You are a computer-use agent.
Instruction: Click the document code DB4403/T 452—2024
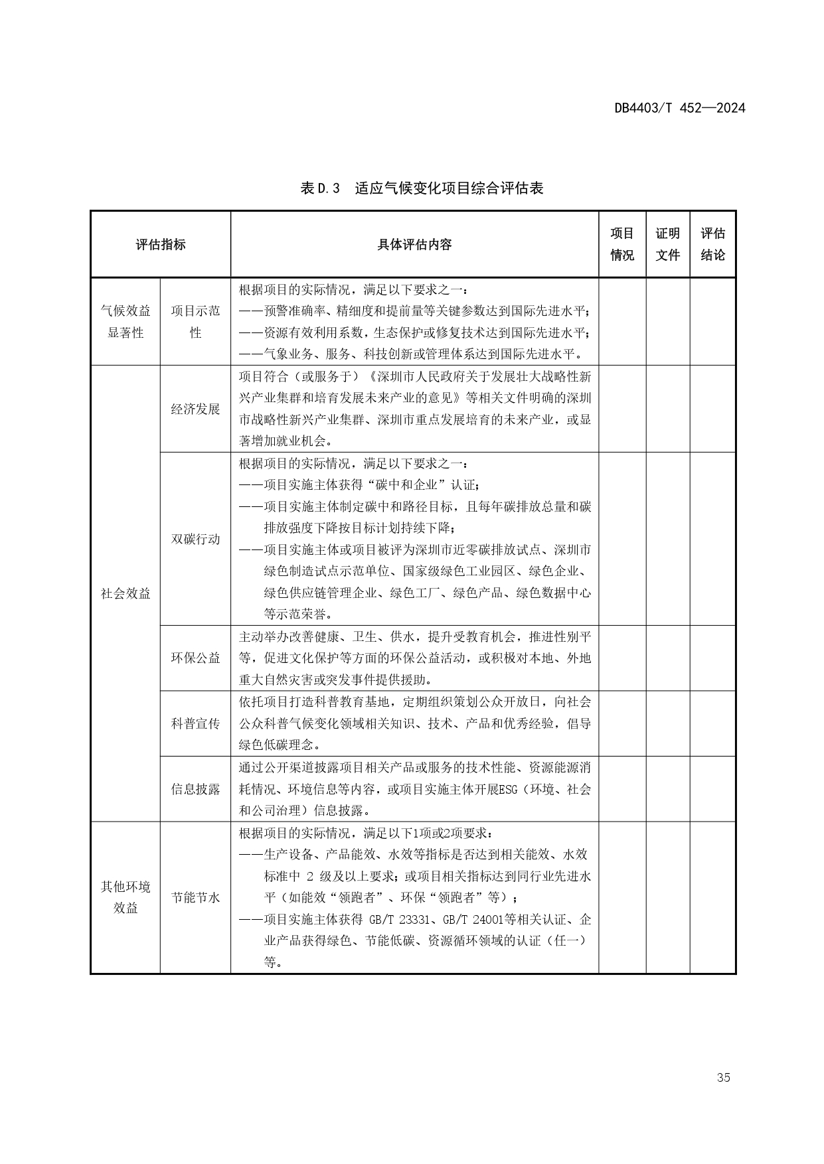point(679,108)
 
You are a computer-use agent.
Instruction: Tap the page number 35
point(723,1077)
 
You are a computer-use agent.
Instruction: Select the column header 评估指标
point(161,244)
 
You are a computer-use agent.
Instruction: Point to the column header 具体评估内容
point(414,244)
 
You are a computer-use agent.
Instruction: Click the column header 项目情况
point(622,244)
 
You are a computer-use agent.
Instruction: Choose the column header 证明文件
point(667,244)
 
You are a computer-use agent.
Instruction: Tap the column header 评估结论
point(712,244)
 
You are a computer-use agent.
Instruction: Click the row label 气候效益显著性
point(125,321)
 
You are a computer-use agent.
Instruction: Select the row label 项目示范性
point(195,321)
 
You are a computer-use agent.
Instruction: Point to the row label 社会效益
point(125,593)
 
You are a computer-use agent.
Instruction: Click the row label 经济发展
point(195,409)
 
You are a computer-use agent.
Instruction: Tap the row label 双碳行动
point(195,539)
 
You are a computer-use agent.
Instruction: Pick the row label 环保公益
point(195,658)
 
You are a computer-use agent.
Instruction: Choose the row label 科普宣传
point(195,723)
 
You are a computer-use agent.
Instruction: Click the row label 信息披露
point(195,788)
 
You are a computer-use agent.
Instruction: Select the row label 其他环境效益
point(125,897)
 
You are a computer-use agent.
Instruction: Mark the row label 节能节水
point(195,897)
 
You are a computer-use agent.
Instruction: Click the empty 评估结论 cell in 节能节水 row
point(712,897)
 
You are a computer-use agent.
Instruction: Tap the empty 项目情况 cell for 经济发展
point(622,409)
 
